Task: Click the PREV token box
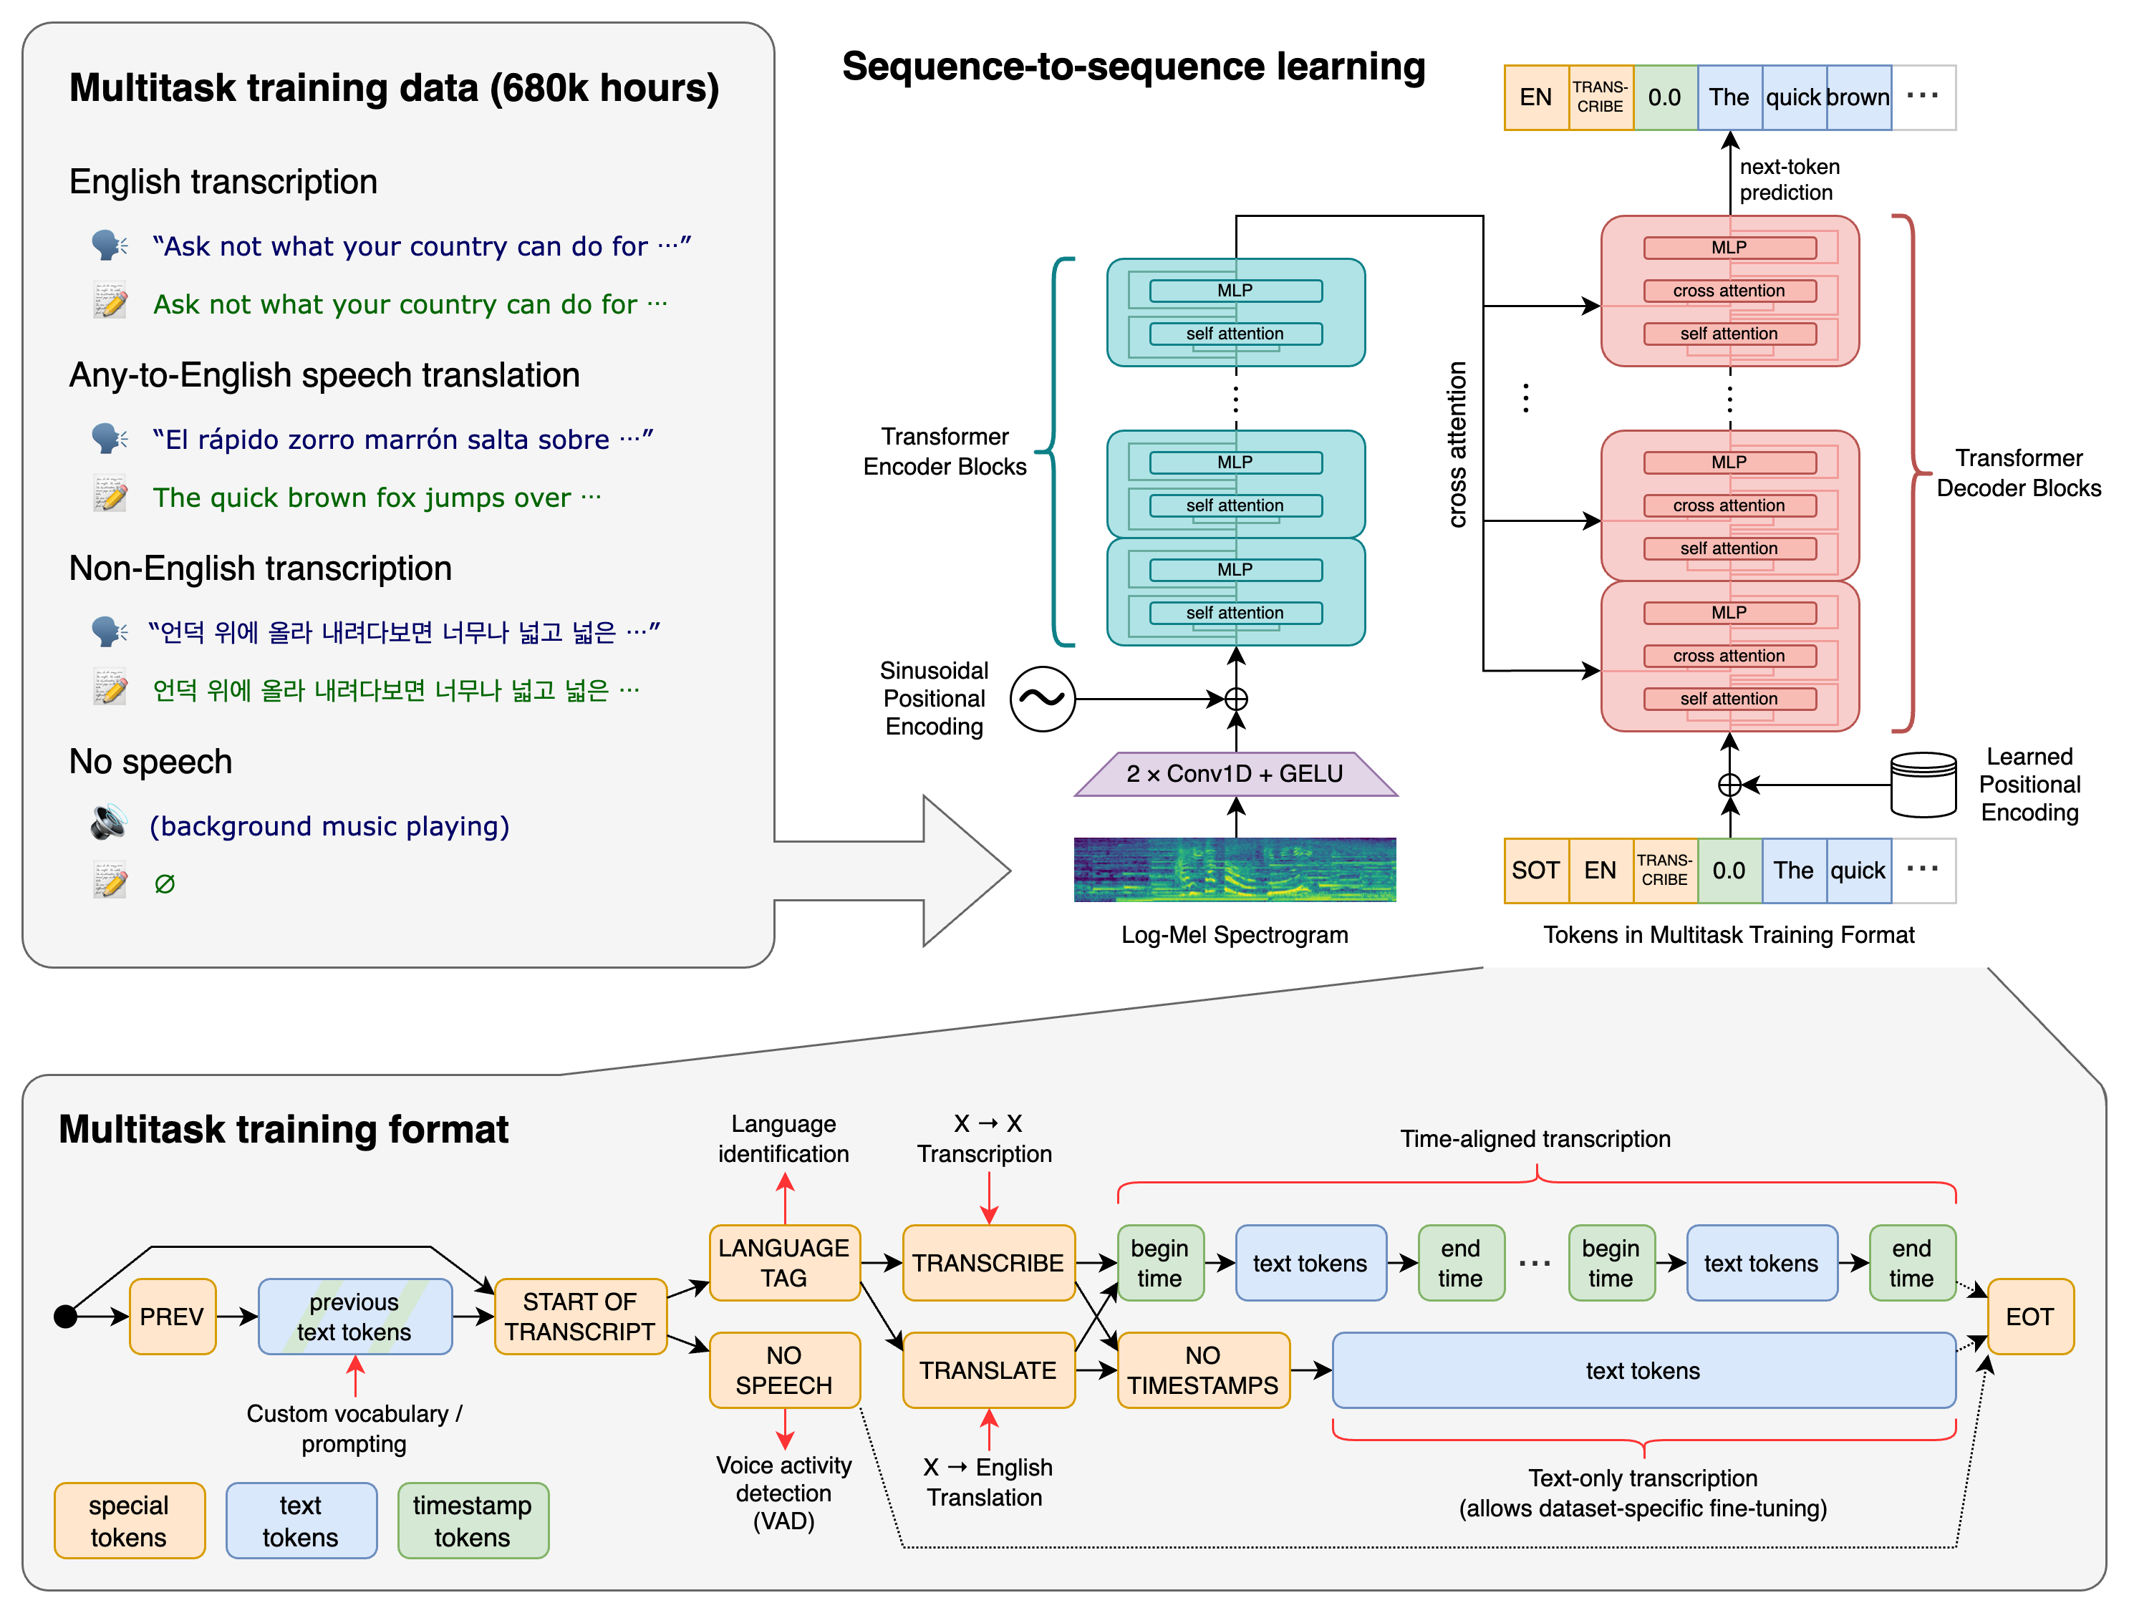tap(173, 1316)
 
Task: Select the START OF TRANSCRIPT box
tap(579, 1316)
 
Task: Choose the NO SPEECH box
tap(783, 1370)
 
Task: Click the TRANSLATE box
tap(988, 1370)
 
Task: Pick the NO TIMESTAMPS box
tap(1202, 1370)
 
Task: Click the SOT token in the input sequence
tap(1535, 870)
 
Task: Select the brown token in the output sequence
tap(1858, 97)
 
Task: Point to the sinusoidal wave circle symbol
tap(1043, 699)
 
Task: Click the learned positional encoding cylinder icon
tap(1922, 785)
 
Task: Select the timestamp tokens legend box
tap(472, 1520)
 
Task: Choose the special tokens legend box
tap(129, 1520)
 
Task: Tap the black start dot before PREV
tap(65, 1316)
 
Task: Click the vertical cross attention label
tap(1457, 444)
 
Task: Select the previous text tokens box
tap(354, 1316)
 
